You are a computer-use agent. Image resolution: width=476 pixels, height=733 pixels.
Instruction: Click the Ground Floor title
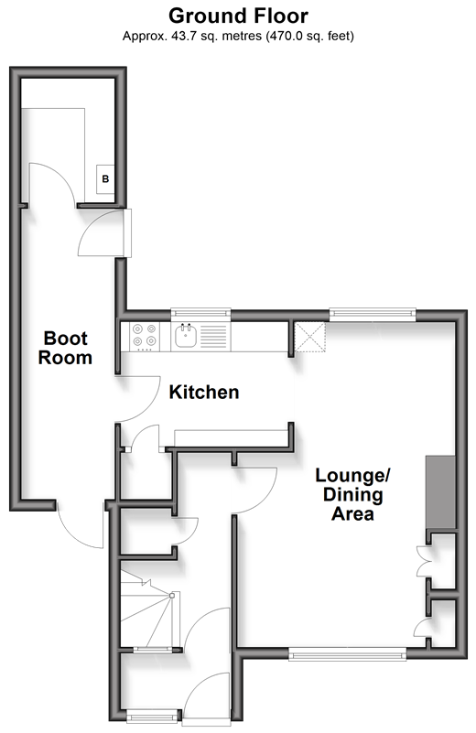pyautogui.click(x=238, y=16)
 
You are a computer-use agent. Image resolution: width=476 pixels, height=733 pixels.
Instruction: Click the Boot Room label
pyautogui.click(x=65, y=348)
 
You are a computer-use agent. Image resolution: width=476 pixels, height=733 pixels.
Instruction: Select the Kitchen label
pyautogui.click(x=204, y=393)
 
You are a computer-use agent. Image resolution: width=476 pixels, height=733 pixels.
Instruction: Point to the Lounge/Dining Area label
pyautogui.click(x=352, y=494)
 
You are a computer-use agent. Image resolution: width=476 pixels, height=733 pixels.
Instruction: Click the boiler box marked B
pyautogui.click(x=105, y=178)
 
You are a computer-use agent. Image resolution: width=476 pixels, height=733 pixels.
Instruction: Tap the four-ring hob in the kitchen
pyautogui.click(x=144, y=337)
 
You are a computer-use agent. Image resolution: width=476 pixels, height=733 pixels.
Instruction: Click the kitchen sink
pyautogui.click(x=185, y=336)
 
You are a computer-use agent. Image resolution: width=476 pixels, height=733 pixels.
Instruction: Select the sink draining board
pyautogui.click(x=212, y=336)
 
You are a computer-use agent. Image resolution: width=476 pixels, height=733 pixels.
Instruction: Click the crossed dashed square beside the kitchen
pyautogui.click(x=310, y=337)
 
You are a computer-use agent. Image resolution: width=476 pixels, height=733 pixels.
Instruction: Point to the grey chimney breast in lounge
pyautogui.click(x=440, y=492)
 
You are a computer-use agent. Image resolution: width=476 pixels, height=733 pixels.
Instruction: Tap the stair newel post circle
pyautogui.click(x=172, y=596)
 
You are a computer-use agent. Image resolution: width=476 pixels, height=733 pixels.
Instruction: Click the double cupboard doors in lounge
pyautogui.click(x=422, y=560)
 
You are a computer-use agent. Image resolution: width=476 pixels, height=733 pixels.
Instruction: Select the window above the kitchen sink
pyautogui.click(x=200, y=314)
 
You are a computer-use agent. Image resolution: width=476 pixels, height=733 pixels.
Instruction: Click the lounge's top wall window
pyautogui.click(x=373, y=314)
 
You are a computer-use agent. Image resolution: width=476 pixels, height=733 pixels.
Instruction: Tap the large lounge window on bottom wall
pyautogui.click(x=348, y=653)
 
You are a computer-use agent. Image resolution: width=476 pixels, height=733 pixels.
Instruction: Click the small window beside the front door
pyautogui.click(x=152, y=716)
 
